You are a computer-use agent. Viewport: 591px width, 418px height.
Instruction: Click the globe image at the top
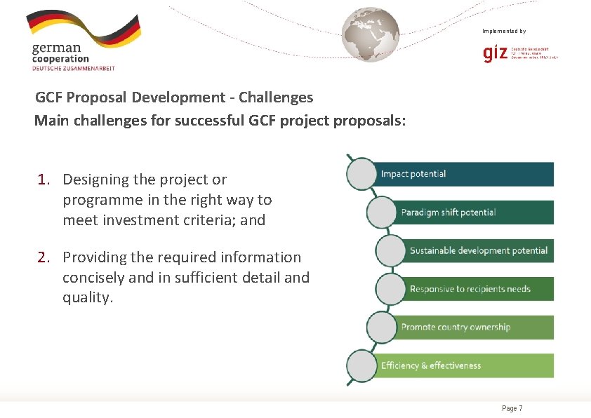(x=370, y=34)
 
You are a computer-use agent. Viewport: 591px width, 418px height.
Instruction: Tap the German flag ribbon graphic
(x=83, y=27)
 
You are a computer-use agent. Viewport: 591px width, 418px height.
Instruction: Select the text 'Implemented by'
(x=504, y=31)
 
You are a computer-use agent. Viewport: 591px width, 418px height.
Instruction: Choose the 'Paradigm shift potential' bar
(x=474, y=213)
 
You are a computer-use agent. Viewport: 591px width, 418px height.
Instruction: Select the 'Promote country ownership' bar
(x=474, y=327)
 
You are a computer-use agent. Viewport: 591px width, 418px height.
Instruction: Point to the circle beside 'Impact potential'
(x=361, y=174)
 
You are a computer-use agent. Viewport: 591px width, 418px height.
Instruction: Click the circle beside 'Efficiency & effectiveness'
(x=361, y=366)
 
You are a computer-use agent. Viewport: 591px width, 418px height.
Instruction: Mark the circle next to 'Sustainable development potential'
(x=390, y=250)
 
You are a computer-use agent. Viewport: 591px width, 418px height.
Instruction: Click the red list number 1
(x=44, y=180)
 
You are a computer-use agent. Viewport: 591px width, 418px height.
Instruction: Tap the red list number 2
(x=44, y=257)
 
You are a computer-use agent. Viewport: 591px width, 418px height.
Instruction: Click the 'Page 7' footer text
(x=512, y=408)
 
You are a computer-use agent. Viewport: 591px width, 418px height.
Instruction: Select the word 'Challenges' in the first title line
(x=278, y=97)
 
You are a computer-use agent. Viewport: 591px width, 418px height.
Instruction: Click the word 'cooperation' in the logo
(x=60, y=59)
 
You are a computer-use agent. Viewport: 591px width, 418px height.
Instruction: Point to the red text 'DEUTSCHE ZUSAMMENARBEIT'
(x=73, y=68)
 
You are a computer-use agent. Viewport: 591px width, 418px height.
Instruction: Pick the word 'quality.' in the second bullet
(x=88, y=298)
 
